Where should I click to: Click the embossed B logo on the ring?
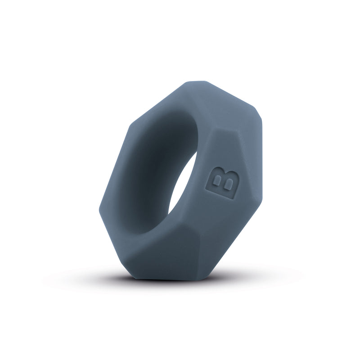(x=222, y=183)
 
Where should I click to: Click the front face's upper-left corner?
(x=133, y=121)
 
